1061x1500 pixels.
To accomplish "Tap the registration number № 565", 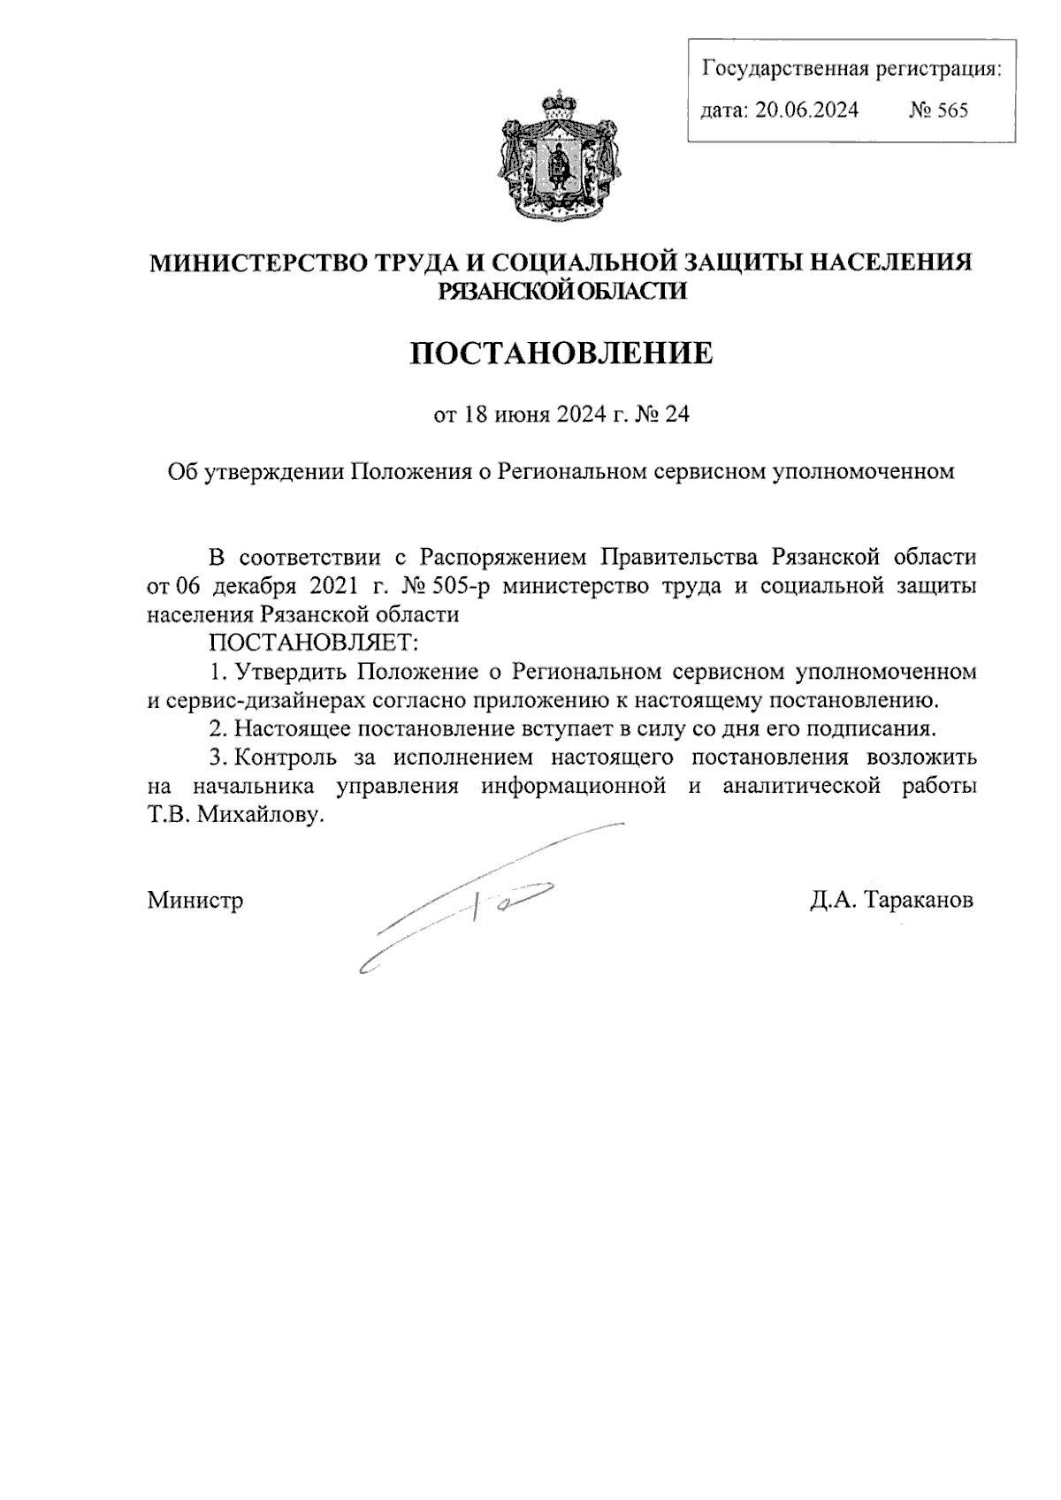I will tap(938, 110).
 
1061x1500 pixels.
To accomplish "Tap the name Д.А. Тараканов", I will tap(890, 901).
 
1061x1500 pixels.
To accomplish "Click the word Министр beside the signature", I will tap(195, 901).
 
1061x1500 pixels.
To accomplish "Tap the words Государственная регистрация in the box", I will tap(851, 68).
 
